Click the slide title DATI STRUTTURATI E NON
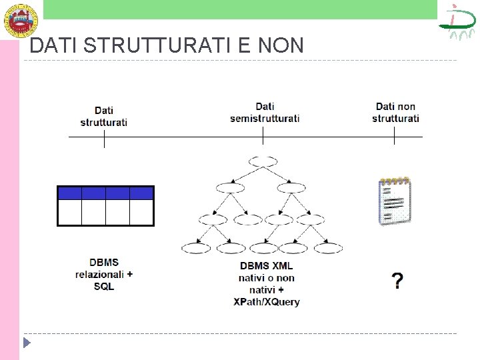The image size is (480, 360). (x=167, y=45)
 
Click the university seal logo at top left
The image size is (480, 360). (x=19, y=19)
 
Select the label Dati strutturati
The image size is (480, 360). (x=104, y=116)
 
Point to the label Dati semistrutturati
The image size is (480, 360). (x=265, y=112)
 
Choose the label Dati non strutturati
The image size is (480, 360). (x=395, y=112)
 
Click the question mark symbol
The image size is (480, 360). (x=397, y=281)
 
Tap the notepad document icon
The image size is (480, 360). (x=394, y=201)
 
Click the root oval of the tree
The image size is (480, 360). (x=263, y=161)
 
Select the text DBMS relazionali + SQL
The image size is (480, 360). (x=104, y=274)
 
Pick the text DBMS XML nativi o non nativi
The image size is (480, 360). (x=267, y=277)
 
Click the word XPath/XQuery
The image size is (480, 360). (x=267, y=301)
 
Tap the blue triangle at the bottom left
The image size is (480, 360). (x=27, y=343)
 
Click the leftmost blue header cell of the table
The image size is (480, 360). (x=70, y=193)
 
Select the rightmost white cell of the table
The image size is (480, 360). (x=141, y=213)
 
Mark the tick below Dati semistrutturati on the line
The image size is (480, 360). (x=263, y=136)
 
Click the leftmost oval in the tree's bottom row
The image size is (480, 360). (x=196, y=248)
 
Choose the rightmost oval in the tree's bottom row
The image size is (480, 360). (x=329, y=248)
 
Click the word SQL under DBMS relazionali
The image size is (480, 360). (x=104, y=286)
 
